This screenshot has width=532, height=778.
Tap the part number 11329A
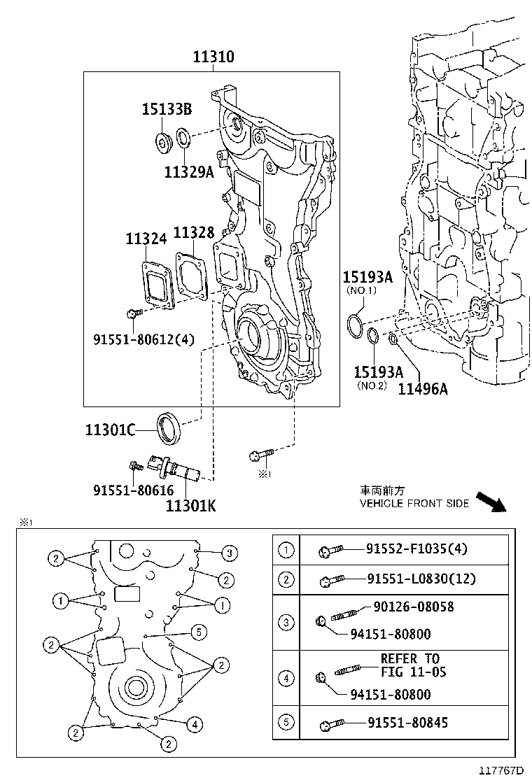189,171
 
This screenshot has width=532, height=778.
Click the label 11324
146,239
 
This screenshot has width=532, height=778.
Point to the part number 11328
194,233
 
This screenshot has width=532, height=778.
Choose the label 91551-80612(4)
143,339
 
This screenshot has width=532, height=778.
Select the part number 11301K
190,504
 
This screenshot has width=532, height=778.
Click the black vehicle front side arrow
490,502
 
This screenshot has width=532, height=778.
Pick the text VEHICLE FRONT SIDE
414,503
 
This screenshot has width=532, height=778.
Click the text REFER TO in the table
410,658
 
